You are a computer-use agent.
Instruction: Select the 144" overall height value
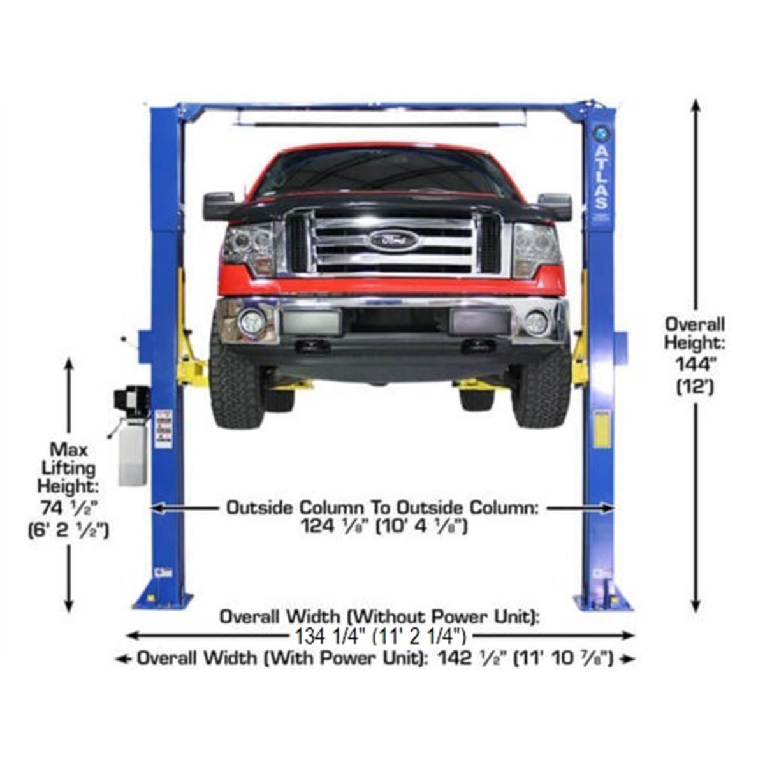pos(695,364)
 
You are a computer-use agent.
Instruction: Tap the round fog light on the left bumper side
pos(251,323)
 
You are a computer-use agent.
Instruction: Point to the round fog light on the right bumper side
pos(535,323)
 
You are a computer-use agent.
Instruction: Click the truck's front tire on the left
pos(236,386)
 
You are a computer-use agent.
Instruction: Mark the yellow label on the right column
pos(601,429)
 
